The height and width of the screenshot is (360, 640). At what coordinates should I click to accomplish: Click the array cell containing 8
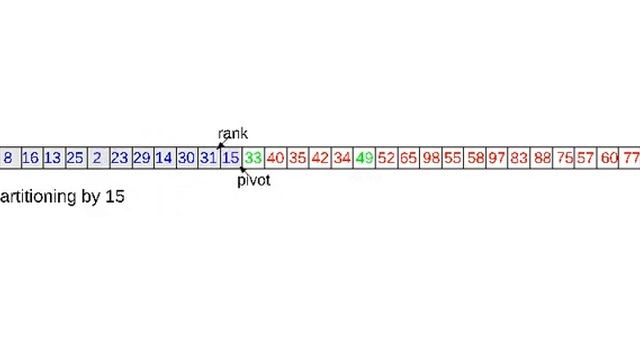pos(8,158)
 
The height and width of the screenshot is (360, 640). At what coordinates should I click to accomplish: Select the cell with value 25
pos(75,158)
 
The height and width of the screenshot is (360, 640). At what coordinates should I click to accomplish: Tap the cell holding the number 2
pos(97,158)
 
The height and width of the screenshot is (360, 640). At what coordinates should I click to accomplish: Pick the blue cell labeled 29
pos(141,158)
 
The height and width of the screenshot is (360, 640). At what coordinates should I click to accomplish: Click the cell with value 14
pos(163,158)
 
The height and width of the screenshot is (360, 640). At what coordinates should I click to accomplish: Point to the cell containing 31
pos(208,158)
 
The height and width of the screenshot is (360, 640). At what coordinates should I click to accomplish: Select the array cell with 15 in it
pos(230,158)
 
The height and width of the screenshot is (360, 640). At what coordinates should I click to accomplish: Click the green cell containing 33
pos(252,158)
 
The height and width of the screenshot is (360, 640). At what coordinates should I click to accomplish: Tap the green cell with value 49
pos(364,158)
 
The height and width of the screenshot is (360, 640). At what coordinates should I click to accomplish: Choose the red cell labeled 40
pos(275,158)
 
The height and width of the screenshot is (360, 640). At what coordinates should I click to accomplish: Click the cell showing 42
pos(320,158)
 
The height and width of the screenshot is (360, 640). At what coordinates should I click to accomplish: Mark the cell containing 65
pos(408,158)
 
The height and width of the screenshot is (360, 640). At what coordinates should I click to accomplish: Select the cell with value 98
pos(431,158)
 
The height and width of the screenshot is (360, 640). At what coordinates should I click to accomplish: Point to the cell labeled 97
pos(497,158)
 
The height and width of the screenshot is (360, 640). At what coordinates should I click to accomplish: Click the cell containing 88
pos(542,158)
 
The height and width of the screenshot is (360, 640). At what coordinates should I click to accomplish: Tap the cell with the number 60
pos(609,158)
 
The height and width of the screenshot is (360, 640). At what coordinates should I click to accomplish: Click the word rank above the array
pos(232,134)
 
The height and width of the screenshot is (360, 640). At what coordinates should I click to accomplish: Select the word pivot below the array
pos(254,181)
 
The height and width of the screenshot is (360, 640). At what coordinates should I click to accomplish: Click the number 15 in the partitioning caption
pos(114,196)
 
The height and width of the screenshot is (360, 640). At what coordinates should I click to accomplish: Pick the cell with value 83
pos(519,158)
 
